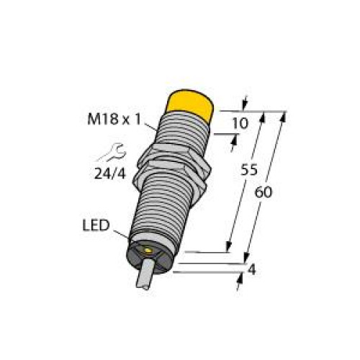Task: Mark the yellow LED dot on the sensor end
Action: coord(148,251)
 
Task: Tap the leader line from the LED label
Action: coord(121,235)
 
